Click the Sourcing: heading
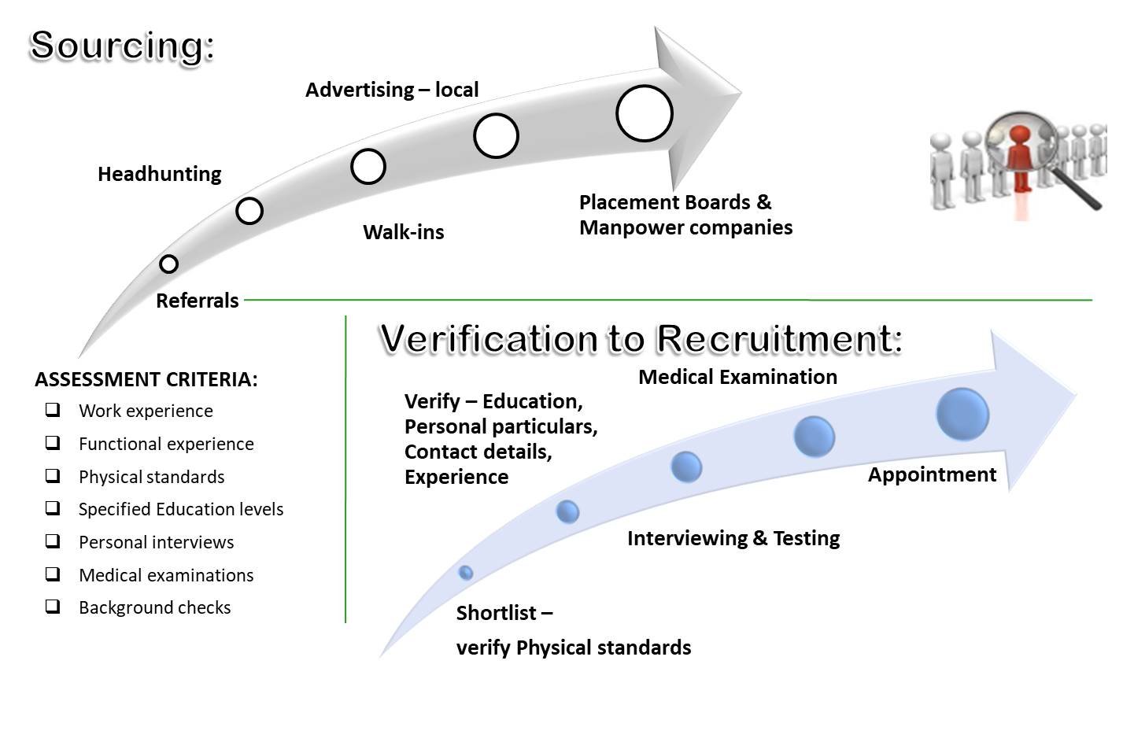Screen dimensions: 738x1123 122,46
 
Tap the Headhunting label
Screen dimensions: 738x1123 160,174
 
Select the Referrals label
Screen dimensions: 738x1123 198,301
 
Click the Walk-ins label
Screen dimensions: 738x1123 404,232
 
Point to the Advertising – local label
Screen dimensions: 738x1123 392,90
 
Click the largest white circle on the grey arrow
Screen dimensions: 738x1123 645,113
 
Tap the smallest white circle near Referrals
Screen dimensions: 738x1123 168,264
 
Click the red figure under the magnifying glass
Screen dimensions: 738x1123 1020,157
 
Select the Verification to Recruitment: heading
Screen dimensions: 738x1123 641,338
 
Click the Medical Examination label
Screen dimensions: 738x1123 737,377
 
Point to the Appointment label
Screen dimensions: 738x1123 932,474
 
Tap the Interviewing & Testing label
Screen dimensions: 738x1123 733,538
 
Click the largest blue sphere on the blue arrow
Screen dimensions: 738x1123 962,414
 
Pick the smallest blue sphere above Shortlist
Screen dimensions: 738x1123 466,572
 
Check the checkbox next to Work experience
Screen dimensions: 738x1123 53,410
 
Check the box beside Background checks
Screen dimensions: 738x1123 53,607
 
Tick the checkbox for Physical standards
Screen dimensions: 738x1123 53,476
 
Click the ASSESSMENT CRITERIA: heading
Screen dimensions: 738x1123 146,379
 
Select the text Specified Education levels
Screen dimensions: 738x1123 181,509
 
